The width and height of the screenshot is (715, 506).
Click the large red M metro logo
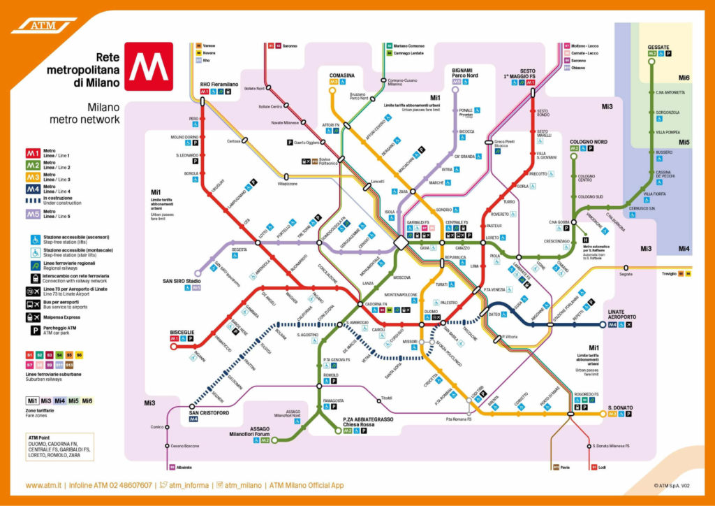(x=148, y=66)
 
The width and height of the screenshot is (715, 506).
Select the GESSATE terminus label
(x=658, y=47)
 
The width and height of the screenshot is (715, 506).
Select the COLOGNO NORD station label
(x=588, y=141)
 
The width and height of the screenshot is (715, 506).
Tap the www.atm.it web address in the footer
(x=44, y=485)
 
